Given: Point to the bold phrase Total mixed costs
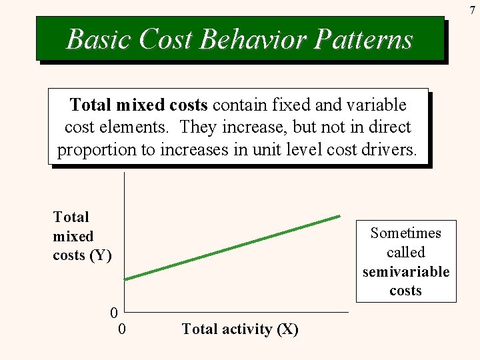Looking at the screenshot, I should coord(139,105).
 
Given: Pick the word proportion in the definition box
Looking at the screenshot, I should coord(96,149).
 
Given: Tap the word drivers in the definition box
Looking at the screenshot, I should coord(389,149).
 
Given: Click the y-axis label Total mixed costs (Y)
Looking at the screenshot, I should coord(82,236).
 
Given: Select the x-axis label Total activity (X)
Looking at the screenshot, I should coord(240,329).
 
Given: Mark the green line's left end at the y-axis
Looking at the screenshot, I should coord(125,279).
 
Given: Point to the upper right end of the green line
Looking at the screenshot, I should coord(340,216).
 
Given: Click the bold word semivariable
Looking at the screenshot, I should coord(406,272).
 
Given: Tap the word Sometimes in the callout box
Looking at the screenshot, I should coord(406,233).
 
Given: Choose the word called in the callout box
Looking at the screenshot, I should coord(406,253).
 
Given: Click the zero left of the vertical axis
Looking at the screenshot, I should coord(115,312).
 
